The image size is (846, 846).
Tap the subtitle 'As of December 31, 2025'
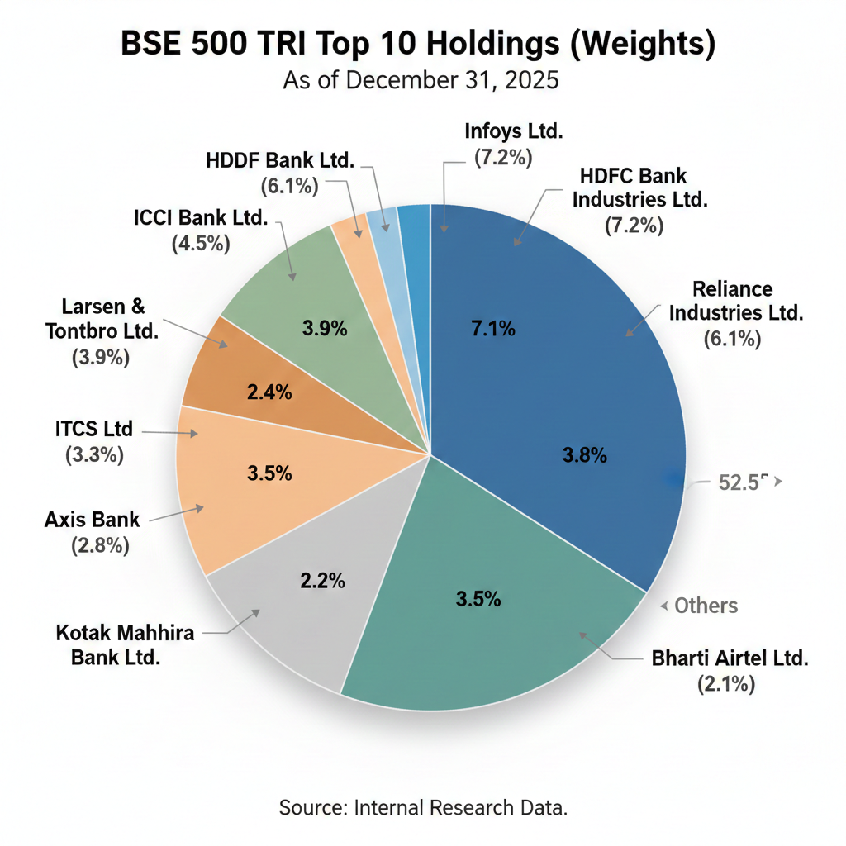click(421, 81)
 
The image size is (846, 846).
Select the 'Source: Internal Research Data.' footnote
click(423, 807)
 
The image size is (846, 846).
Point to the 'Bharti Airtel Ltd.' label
click(730, 658)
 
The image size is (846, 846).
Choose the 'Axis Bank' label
click(92, 520)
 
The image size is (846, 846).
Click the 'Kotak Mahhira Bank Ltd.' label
click(125, 645)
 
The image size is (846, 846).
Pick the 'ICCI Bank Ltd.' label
click(201, 218)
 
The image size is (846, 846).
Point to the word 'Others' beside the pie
click(706, 606)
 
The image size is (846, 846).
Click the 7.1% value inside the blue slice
click(493, 329)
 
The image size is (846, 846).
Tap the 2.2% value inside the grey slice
click(322, 581)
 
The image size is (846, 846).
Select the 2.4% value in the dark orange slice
click(269, 392)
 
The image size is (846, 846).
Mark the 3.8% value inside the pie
click(585, 454)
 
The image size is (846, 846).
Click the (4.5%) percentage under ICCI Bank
click(201, 244)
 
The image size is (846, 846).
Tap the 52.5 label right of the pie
click(739, 483)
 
